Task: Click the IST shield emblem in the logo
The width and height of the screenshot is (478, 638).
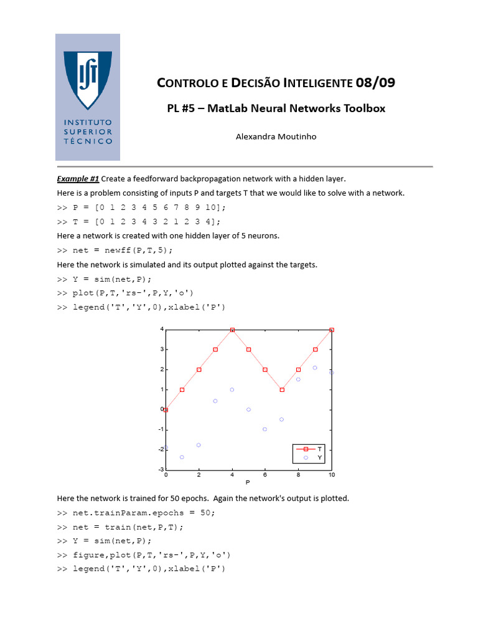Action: pos(88,79)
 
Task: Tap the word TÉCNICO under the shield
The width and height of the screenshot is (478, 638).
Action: pos(88,141)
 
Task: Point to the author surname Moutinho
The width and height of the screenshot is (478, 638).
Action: pos(294,136)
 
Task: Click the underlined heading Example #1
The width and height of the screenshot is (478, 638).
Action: pos(78,179)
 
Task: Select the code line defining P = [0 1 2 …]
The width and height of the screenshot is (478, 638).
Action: pos(141,207)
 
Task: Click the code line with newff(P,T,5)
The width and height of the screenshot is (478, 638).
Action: pos(115,250)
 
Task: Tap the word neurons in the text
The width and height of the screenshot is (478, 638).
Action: pos(263,236)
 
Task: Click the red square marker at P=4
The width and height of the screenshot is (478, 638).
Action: pos(232,330)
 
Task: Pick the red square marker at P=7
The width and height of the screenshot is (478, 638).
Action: pos(282,389)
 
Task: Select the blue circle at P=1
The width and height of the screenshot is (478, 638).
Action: pos(182,457)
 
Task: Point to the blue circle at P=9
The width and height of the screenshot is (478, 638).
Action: pos(315,368)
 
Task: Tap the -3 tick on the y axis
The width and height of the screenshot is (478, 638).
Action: pos(161,469)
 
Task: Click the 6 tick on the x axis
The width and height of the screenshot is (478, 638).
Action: pos(265,475)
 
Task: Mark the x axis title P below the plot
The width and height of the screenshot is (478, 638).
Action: pos(248,483)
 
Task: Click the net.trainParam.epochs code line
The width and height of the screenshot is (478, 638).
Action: pos(136,513)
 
